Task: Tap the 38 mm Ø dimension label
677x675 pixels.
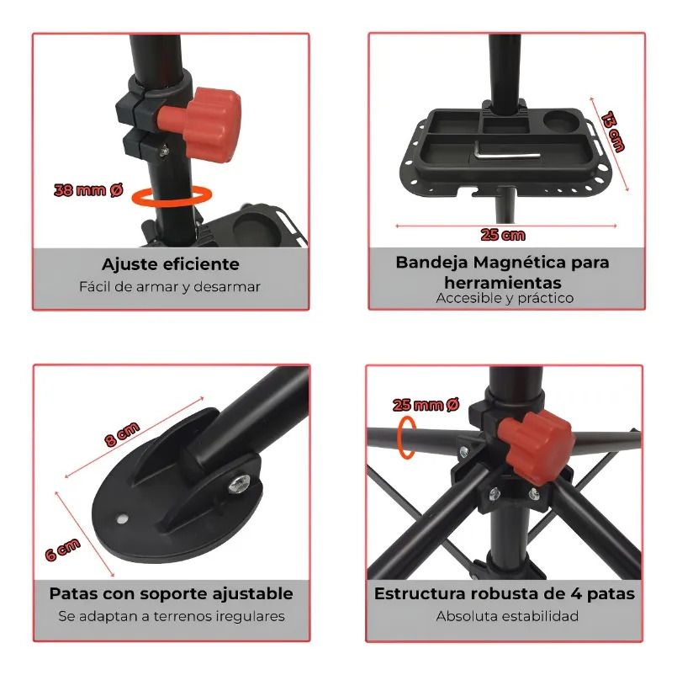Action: click(88, 190)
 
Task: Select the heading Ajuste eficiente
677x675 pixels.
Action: click(171, 264)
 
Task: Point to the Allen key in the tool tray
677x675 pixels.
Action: click(507, 153)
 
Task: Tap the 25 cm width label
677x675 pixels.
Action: click(503, 235)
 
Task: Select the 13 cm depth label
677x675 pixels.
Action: click(613, 131)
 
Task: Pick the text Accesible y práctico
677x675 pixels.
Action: click(505, 298)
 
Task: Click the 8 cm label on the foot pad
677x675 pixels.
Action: click(123, 434)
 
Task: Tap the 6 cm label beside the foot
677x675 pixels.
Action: click(63, 550)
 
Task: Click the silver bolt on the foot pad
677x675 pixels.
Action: click(240, 483)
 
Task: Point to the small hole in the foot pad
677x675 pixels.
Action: click(124, 518)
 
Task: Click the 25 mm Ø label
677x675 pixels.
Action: click(426, 405)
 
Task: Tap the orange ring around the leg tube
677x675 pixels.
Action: click(407, 437)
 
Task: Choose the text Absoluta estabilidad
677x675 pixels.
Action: click(507, 616)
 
